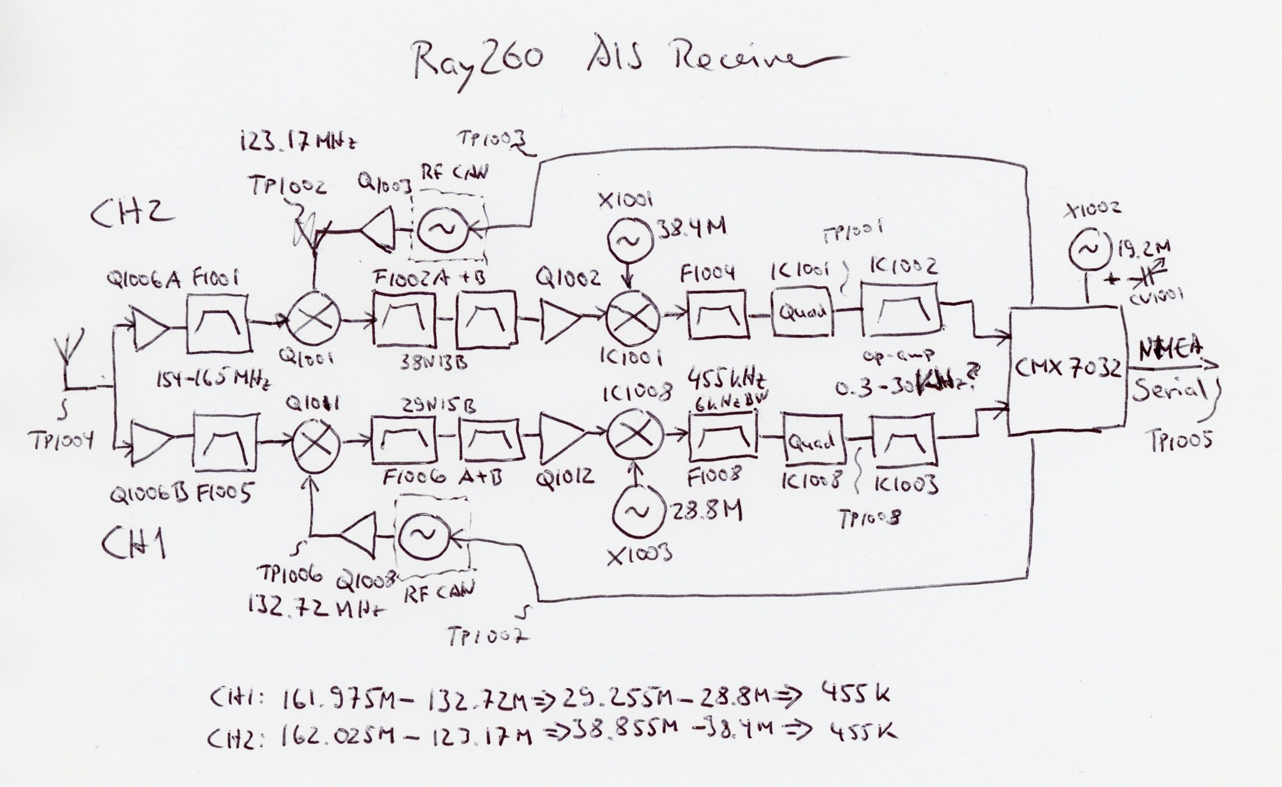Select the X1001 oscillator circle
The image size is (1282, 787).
point(629,240)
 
